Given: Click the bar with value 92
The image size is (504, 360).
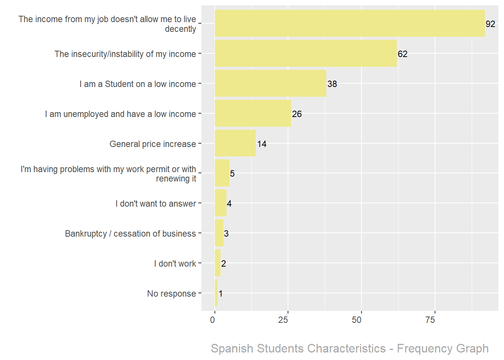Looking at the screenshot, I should click(x=349, y=23).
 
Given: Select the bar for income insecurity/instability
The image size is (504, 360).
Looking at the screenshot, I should click(x=306, y=53).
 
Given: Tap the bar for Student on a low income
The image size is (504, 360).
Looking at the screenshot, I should click(x=270, y=83).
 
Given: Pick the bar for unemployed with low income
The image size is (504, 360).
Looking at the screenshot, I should click(x=253, y=113).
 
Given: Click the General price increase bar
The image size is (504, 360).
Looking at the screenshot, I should click(x=235, y=143).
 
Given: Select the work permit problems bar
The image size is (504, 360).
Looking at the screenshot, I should click(x=222, y=173).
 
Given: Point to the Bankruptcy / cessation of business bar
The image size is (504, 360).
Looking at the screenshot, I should click(x=219, y=233).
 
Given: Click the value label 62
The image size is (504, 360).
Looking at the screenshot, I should click(x=402, y=54).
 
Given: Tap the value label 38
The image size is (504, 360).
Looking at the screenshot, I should click(x=332, y=84).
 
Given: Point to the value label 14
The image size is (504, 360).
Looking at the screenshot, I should click(x=262, y=144).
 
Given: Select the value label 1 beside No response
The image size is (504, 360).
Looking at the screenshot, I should click(x=220, y=294).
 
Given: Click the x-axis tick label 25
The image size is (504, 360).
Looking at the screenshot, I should click(x=283, y=320).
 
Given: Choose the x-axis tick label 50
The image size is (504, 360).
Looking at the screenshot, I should click(x=357, y=320).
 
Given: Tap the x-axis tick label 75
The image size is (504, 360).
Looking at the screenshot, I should click(x=430, y=320).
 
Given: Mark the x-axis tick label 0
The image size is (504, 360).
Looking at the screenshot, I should click(x=213, y=320).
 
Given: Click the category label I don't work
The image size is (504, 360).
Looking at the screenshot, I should click(x=175, y=264).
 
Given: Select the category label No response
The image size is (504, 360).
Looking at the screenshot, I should click(x=171, y=294).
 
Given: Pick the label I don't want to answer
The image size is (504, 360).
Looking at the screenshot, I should click(x=156, y=204).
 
